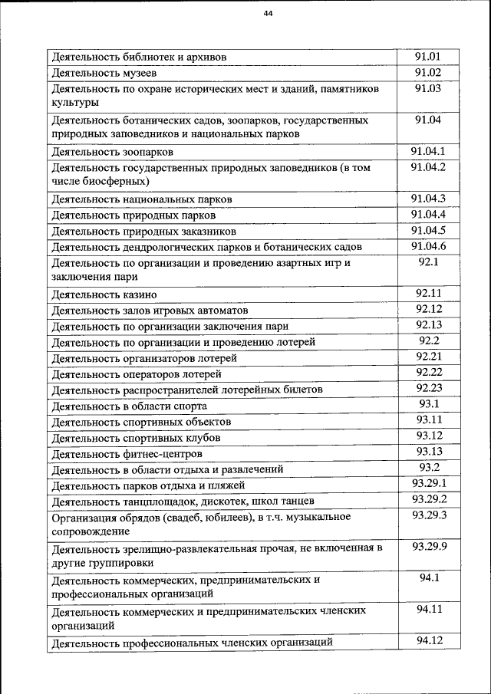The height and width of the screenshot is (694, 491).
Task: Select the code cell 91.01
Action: coord(428,56)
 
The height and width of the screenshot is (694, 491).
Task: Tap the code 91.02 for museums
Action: coord(428,73)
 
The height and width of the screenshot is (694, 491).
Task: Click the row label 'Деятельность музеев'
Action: coord(104,74)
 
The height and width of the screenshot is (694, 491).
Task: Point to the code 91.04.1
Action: coord(428,150)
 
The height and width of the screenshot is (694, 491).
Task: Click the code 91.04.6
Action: coord(428,246)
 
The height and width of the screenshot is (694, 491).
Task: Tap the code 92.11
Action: coord(428,293)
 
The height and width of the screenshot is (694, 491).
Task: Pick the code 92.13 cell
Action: coord(428,325)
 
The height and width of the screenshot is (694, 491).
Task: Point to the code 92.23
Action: coord(428,388)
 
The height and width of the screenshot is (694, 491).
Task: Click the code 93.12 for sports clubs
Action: coord(428,436)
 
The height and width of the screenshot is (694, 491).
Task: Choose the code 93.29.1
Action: coord(428,483)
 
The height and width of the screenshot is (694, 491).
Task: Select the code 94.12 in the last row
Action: coord(428,641)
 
